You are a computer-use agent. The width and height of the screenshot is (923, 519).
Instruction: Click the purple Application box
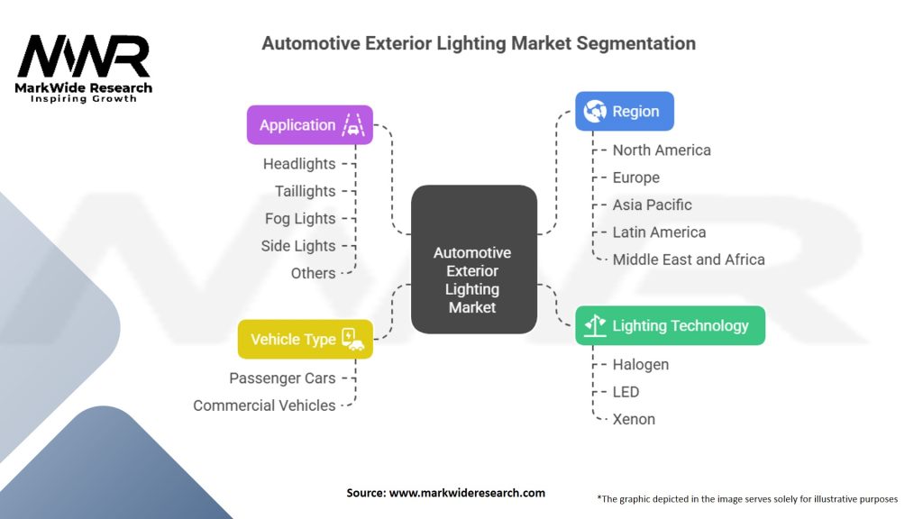click(x=310, y=124)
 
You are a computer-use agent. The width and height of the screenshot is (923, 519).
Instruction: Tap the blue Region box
click(x=625, y=111)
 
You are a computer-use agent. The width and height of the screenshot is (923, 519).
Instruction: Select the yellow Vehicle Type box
click(x=306, y=339)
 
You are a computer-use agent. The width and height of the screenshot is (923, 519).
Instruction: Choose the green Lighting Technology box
click(x=671, y=325)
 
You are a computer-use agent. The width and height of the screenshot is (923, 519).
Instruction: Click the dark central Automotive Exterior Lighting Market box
click(x=474, y=259)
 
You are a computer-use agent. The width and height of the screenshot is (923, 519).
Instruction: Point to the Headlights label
click(x=299, y=164)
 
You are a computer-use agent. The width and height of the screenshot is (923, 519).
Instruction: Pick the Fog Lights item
click(x=300, y=218)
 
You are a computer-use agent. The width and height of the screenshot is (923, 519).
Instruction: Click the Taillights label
click(x=305, y=191)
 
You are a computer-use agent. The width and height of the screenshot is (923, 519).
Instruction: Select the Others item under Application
click(x=313, y=273)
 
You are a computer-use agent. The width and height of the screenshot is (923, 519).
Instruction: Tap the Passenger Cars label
click(x=282, y=378)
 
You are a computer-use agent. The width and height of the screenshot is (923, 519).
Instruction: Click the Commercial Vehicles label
click(x=264, y=405)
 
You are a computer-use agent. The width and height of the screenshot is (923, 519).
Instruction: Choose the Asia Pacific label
click(x=653, y=205)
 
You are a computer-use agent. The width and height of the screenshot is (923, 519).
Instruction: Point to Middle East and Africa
click(x=689, y=259)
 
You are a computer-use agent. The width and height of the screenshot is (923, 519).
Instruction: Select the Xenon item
click(x=634, y=419)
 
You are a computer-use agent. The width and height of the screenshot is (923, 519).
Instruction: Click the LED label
click(x=626, y=392)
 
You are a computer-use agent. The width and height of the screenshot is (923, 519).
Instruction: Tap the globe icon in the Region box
click(x=595, y=111)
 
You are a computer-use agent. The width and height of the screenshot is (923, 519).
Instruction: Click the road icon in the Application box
click(x=353, y=124)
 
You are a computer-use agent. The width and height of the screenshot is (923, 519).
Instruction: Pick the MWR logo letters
click(x=84, y=57)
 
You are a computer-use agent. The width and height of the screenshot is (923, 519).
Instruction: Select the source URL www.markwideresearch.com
click(x=467, y=493)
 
